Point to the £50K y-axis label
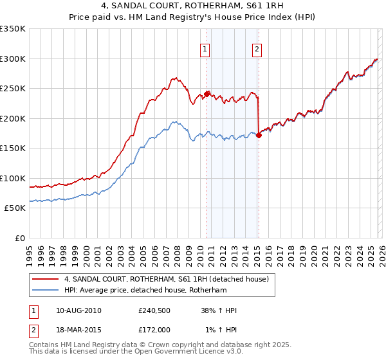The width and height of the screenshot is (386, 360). (x=14, y=208)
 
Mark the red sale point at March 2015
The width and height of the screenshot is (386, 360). (x=259, y=135)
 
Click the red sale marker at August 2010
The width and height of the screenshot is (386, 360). (x=207, y=94)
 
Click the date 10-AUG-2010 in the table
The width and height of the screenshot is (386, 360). (x=78, y=310)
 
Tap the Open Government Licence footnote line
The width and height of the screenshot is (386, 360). (x=136, y=352)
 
